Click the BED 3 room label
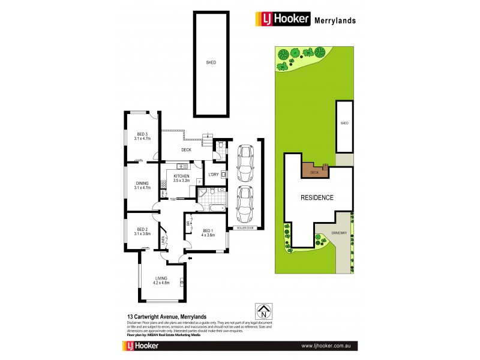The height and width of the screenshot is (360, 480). tap(143, 134)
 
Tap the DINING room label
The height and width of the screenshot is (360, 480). tap(142, 184)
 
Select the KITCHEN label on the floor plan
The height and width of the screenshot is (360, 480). tap(181, 176)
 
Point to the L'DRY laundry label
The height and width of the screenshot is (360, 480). tap(212, 175)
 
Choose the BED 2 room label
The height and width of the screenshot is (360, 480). tap(142, 229)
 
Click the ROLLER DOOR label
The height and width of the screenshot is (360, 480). tap(245, 228)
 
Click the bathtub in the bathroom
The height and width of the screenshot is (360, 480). tap(214, 208)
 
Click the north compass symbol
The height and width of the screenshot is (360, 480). tap(262, 311)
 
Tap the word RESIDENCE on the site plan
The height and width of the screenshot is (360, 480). tap(316, 197)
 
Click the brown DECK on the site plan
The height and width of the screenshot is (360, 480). tap(313, 171)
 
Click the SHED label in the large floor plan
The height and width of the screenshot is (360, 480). tap(211, 63)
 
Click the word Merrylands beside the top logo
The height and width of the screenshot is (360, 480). tap(335, 20)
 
